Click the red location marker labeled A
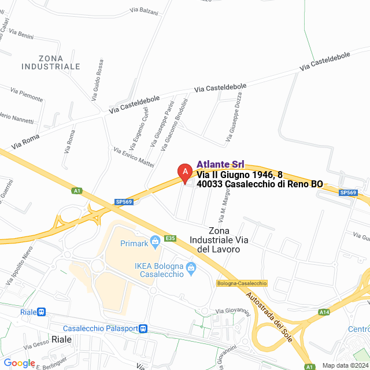[x=184, y=172]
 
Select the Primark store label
[x=134, y=243]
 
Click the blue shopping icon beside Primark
[x=154, y=241]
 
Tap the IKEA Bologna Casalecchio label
[x=160, y=269]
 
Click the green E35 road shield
[x=170, y=238]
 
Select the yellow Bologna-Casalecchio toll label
[x=242, y=283]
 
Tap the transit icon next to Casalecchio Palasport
[x=143, y=328]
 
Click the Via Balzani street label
[x=143, y=11]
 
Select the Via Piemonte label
[x=27, y=92]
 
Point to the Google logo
[x=20, y=362]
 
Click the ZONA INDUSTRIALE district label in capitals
[x=50, y=62]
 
